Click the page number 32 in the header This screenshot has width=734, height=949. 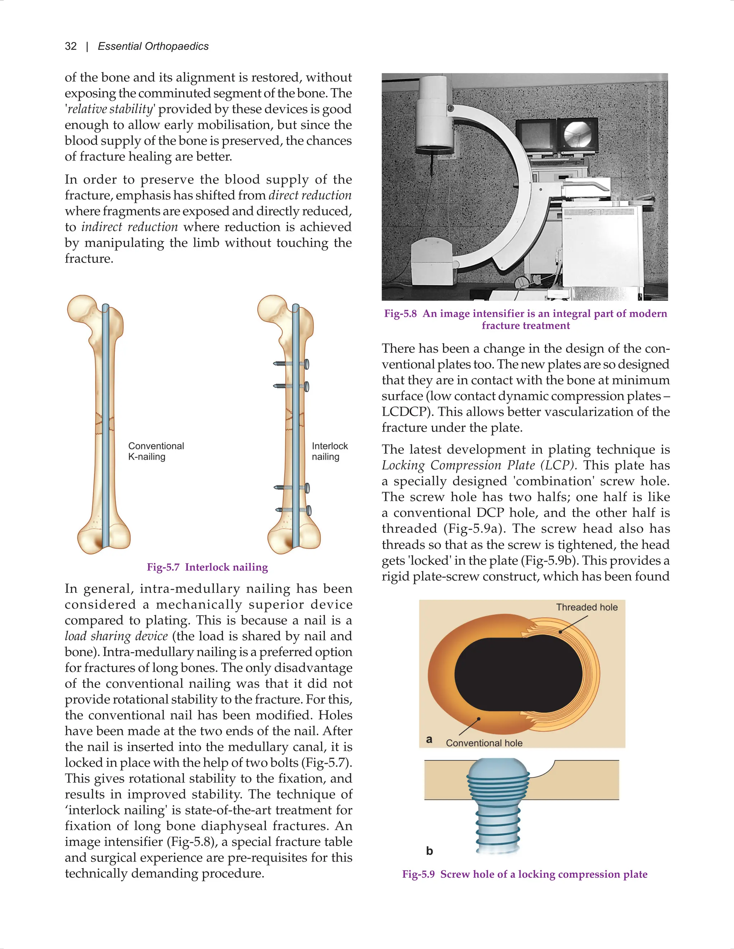[71, 47]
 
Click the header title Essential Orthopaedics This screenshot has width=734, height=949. [153, 47]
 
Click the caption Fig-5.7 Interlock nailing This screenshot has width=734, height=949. [207, 567]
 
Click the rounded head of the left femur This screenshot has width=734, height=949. [83, 309]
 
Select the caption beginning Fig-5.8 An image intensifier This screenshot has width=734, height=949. [525, 319]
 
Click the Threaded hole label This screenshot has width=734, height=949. [587, 607]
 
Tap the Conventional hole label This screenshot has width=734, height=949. [484, 743]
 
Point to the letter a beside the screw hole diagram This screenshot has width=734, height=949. [429, 739]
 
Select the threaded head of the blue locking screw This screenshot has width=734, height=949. [498, 782]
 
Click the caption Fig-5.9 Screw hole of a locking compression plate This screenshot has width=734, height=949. [524, 874]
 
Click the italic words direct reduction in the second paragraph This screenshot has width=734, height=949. [310, 196]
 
